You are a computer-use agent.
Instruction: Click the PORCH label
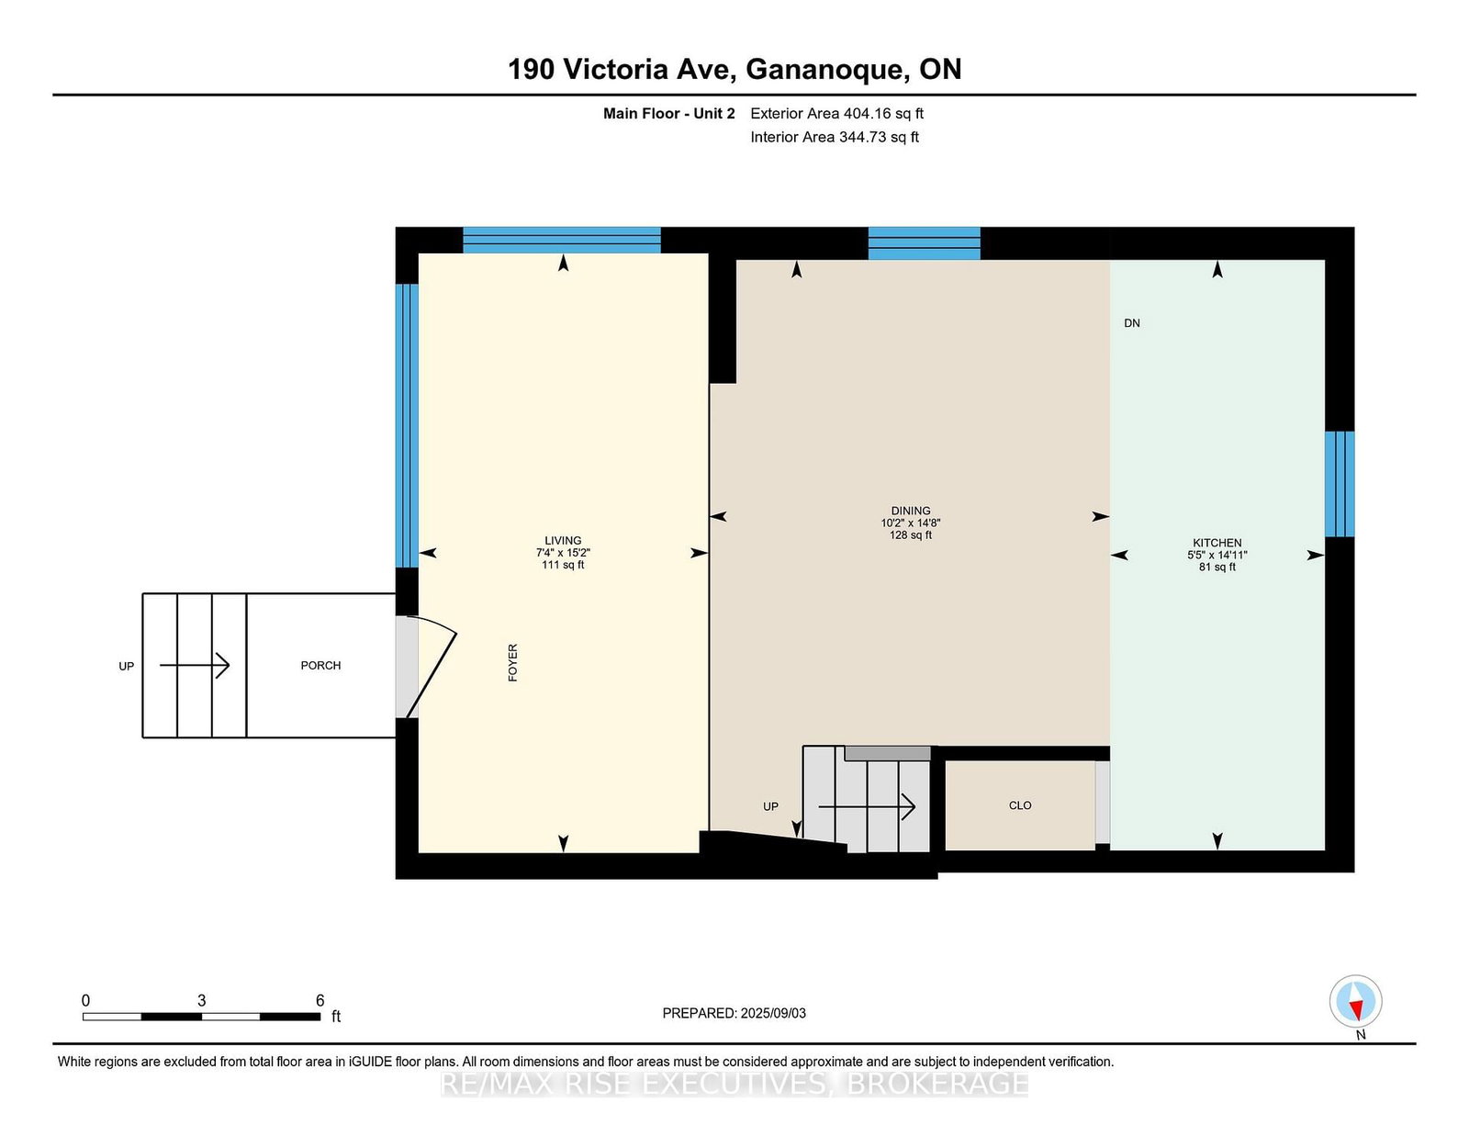tap(320, 666)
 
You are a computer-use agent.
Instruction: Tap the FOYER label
tap(512, 663)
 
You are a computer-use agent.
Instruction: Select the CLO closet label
tap(1020, 805)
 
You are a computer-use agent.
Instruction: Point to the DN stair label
tap(1132, 323)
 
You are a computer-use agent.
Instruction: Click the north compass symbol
tap(1355, 1001)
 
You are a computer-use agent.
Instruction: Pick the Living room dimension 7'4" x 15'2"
tap(563, 553)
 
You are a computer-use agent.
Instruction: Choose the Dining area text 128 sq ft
tap(911, 534)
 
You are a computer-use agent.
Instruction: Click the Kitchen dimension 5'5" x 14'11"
tap(1217, 555)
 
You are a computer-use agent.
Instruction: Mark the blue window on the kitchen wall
tap(1340, 484)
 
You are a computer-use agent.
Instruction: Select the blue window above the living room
tap(561, 240)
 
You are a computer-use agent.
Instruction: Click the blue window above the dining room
tap(925, 243)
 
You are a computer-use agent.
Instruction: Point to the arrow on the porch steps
tap(195, 666)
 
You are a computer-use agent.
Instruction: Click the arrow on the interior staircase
tap(867, 806)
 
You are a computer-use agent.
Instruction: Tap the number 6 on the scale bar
tap(320, 1000)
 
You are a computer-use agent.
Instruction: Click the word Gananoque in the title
tap(827, 70)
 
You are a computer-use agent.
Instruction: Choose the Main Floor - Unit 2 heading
tap(668, 114)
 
